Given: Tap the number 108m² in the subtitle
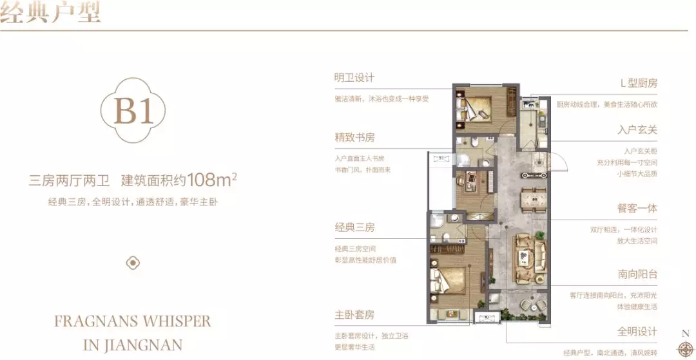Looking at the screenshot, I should point(208,180).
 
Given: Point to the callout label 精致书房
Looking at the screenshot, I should point(354,138).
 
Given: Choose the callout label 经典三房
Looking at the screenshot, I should point(354,227).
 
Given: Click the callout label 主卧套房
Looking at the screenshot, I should point(354,316).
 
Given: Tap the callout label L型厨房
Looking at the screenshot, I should point(638,84).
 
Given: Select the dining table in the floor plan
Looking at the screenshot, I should point(533,197).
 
